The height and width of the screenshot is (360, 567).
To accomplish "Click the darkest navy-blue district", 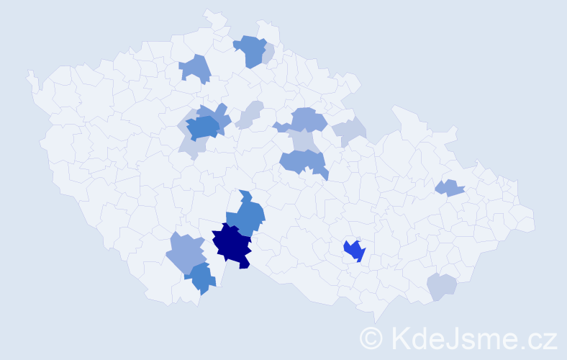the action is point(232,245).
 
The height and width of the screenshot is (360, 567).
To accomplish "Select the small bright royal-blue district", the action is point(353,251).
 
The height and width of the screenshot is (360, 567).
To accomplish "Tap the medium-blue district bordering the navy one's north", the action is point(247,215).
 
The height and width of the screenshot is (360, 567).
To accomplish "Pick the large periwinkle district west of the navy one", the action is point(186,253).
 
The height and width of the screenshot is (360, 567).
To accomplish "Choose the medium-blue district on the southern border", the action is point(201,278).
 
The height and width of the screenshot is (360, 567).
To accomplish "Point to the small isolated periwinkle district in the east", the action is point(450,188).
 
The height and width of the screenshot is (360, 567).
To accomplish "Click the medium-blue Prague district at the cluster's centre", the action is point(203,127).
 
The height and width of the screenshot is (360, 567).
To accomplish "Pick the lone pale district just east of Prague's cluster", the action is point(248,115).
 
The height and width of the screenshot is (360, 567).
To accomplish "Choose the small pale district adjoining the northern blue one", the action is point(268,54).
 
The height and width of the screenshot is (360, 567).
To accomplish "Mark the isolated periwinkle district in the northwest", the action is point(195,68).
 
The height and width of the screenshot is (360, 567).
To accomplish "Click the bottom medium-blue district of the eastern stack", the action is point(302,161).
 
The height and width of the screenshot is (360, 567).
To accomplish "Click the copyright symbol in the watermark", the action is point(371,338).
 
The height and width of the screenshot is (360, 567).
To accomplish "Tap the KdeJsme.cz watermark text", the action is point(472,338).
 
